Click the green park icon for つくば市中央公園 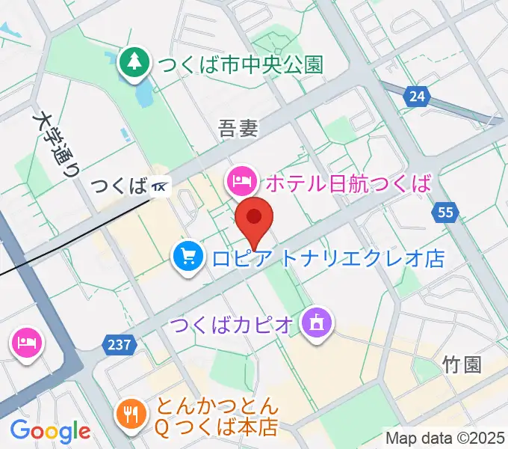click(134, 64)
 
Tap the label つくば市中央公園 click(238, 64)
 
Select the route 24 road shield click(418, 96)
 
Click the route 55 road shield click(446, 213)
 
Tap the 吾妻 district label click(238, 129)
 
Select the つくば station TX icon click(160, 186)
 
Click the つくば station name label click(119, 186)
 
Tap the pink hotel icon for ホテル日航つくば click(242, 180)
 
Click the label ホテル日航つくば click(348, 182)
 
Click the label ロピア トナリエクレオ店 click(329, 259)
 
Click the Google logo click(50, 431)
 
